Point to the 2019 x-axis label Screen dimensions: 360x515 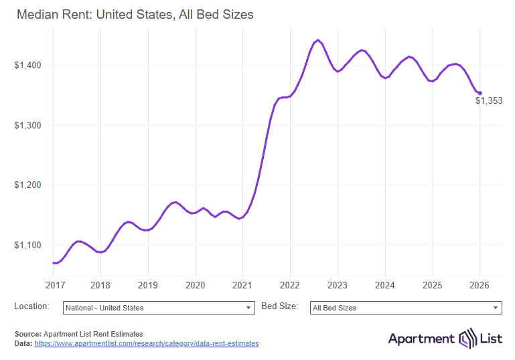pyautogui.click(x=148, y=284)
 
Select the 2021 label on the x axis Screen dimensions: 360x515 pyautogui.click(x=242, y=284)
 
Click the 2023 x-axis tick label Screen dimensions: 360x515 pyautogui.click(x=338, y=284)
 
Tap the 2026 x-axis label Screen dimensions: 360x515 pyautogui.click(x=480, y=284)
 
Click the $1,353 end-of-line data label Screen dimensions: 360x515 pyautogui.click(x=489, y=101)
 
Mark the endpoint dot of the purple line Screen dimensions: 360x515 pyautogui.click(x=480, y=93)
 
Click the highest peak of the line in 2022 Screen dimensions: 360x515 pyautogui.click(x=317, y=40)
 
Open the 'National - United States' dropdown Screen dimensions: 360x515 pyautogui.click(x=158, y=308)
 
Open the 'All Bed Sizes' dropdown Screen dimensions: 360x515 pyautogui.click(x=406, y=308)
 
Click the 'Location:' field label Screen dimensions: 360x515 pyautogui.click(x=31, y=306)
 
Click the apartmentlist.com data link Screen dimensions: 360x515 pyautogui.click(x=146, y=343)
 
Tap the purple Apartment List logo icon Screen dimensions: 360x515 pyautogui.click(x=466, y=339)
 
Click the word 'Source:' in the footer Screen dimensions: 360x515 pyautogui.click(x=27, y=333)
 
